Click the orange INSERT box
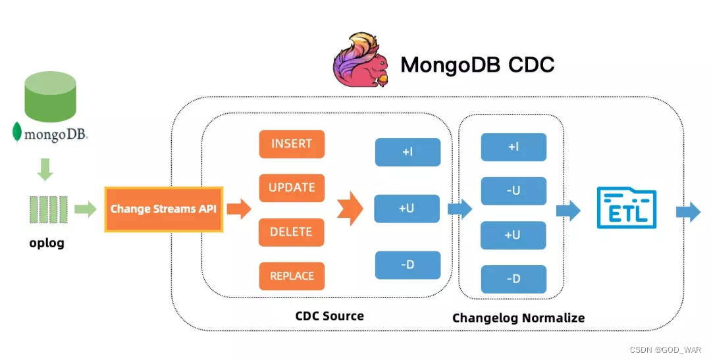click(292, 144)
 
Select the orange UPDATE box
click(292, 188)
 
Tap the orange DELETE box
click(292, 232)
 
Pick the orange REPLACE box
click(292, 276)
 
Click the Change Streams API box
click(164, 209)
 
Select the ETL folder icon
click(626, 209)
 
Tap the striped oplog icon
click(48, 209)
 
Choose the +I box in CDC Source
click(407, 152)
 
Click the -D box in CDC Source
click(407, 265)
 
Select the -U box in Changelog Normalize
click(513, 191)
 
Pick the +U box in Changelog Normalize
click(513, 235)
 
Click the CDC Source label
click(329, 316)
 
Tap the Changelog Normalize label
click(518, 318)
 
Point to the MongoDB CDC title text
click(477, 64)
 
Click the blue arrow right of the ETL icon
click(688, 211)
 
